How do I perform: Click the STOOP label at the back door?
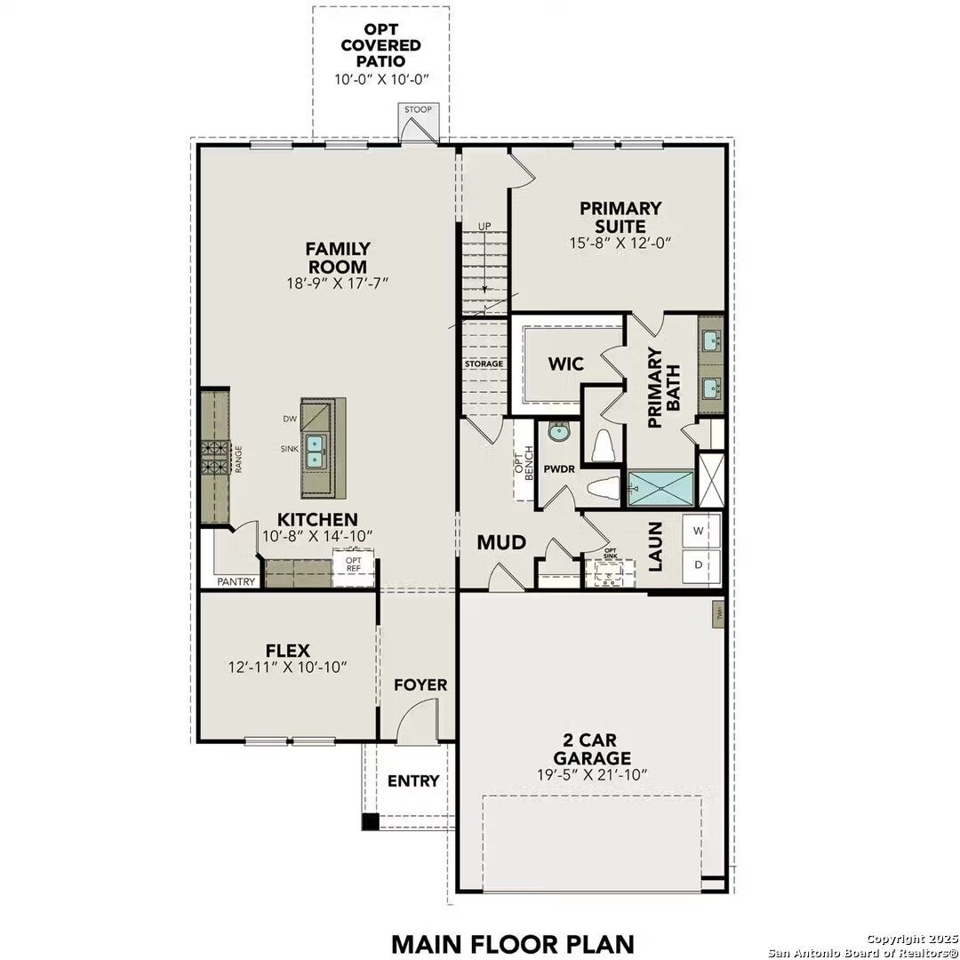tap(418, 110)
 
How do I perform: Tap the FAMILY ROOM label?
tap(337, 258)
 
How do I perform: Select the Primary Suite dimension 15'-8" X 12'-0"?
tap(620, 242)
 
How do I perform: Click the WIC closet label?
tap(564, 364)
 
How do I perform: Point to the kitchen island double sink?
tap(316, 451)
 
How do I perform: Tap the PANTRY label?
tap(236, 582)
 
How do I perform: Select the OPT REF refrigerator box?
tap(354, 566)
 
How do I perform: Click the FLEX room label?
tap(287, 651)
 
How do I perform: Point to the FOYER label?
tap(420, 685)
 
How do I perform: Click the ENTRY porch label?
tap(413, 780)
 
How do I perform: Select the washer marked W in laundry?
tap(698, 532)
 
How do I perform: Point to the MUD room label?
tap(501, 542)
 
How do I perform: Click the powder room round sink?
tap(558, 433)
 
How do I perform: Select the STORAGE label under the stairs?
tap(484, 364)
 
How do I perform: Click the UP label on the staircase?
tap(484, 226)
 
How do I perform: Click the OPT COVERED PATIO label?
tap(381, 45)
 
